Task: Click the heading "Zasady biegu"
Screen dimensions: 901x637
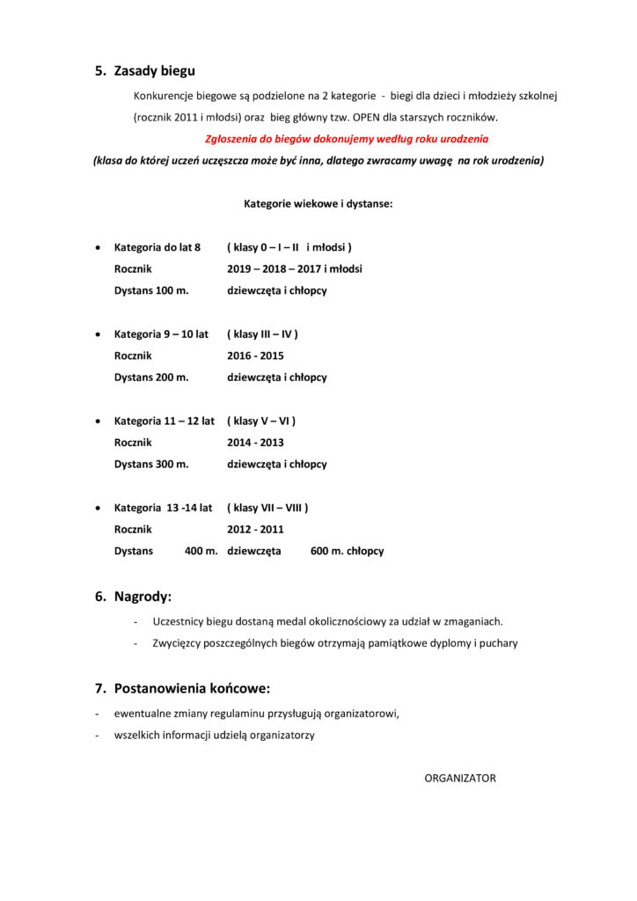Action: [154, 71]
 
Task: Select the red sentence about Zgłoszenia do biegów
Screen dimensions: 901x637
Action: [347, 139]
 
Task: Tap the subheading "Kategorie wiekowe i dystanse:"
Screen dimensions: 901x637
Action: [318, 203]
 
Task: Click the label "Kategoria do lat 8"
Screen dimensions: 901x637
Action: [157, 247]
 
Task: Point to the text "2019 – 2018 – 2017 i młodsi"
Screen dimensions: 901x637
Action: [294, 268]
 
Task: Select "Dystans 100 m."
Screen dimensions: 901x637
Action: [151, 290]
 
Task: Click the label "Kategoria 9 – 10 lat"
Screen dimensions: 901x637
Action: [161, 334]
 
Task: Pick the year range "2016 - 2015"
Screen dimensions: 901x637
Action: [255, 355]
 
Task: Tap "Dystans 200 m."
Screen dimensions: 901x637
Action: [151, 377]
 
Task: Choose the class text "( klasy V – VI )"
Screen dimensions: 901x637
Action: [261, 421]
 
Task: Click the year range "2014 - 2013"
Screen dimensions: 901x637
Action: [255, 443]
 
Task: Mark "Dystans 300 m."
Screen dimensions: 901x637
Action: [151, 464]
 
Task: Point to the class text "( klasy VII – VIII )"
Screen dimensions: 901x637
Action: [267, 508]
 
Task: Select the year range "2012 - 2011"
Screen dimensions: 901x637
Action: [255, 530]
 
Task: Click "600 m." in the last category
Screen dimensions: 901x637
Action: [326, 551]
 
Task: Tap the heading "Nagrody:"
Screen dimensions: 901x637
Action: [143, 597]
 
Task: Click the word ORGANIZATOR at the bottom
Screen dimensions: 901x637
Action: [460, 778]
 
